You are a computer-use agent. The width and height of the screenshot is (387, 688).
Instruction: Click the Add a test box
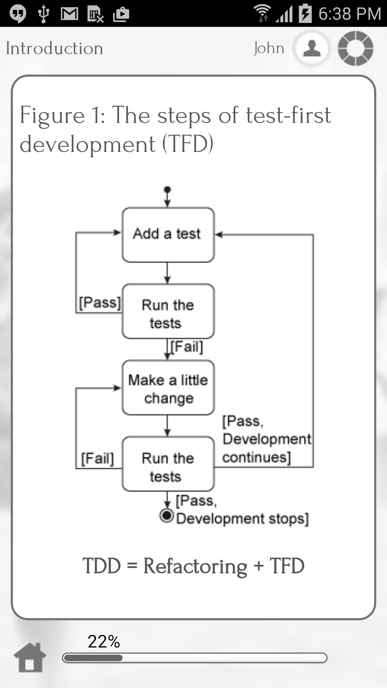click(168, 235)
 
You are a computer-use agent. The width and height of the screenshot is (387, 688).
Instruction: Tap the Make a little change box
click(168, 388)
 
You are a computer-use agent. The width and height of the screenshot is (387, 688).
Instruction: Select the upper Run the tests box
click(168, 312)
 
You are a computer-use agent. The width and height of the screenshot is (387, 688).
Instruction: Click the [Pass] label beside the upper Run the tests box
click(100, 303)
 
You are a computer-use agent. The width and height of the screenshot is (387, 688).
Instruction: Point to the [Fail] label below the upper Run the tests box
click(187, 347)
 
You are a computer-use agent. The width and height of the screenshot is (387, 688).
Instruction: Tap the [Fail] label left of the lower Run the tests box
click(97, 458)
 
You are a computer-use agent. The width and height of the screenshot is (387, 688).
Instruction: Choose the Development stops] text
click(242, 519)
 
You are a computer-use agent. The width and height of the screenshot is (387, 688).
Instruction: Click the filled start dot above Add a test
click(167, 190)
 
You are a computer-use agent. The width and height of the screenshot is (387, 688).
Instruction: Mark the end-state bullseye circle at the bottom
click(167, 515)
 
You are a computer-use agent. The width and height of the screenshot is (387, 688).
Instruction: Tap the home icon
click(30, 657)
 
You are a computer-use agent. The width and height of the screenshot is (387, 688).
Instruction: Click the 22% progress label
click(104, 641)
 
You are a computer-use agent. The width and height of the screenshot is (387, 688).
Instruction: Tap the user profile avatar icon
click(312, 48)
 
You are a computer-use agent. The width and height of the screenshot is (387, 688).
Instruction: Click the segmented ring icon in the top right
click(355, 48)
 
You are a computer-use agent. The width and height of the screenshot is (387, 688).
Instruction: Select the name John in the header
click(269, 48)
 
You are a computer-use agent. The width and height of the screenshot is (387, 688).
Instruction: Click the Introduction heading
click(54, 48)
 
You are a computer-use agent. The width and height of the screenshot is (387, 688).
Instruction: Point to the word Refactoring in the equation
click(195, 566)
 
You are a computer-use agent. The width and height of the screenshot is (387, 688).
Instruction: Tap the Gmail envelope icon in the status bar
click(70, 14)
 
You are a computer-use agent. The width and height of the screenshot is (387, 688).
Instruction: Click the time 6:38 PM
click(349, 14)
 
